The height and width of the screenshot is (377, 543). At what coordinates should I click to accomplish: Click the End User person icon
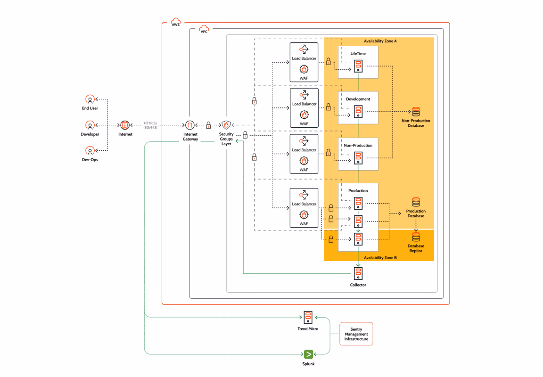[90, 99]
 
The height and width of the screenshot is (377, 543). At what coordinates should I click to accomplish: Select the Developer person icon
[90, 125]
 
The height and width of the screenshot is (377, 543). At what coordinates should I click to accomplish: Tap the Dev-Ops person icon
[90, 151]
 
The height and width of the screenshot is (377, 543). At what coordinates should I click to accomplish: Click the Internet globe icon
[125, 125]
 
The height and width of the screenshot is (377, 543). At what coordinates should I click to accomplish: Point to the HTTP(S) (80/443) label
[150, 125]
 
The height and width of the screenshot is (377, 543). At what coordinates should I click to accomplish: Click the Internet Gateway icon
[190, 125]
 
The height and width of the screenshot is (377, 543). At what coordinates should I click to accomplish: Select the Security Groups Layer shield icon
[226, 125]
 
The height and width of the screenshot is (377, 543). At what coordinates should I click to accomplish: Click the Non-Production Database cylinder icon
[416, 112]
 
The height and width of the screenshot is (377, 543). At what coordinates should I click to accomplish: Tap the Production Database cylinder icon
[416, 202]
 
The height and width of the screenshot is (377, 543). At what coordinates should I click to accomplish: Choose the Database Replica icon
[416, 237]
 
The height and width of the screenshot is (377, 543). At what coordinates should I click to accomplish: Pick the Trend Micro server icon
[308, 317]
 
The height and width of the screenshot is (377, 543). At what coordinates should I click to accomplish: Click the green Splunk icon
[308, 354]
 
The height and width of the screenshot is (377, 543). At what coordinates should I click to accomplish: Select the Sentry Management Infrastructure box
[356, 334]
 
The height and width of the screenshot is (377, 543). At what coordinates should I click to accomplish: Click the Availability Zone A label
[380, 41]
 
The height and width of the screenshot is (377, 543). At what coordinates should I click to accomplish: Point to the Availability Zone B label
[380, 258]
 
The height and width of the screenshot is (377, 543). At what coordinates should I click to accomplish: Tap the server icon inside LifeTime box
[358, 67]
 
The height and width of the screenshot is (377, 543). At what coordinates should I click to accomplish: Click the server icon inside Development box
[358, 112]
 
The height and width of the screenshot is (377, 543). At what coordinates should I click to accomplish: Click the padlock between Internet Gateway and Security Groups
[208, 125]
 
